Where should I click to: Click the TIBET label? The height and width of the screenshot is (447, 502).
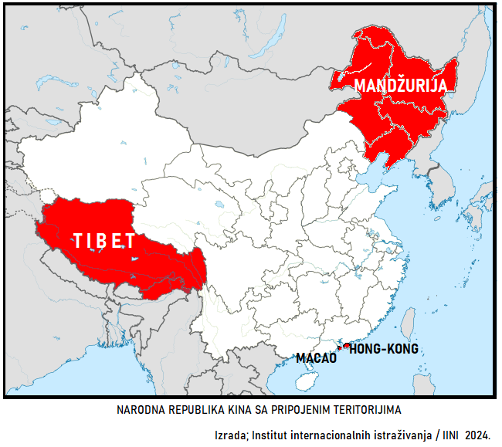click(104, 241)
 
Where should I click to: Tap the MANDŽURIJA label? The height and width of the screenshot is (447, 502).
click(400, 85)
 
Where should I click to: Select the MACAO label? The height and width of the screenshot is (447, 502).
click(317, 358)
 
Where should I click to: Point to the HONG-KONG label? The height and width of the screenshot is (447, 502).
click(385, 349)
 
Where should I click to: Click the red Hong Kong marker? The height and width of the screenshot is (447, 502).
click(348, 346)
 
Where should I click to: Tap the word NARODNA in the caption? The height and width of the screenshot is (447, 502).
click(139, 408)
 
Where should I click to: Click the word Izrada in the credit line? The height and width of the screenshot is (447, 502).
click(229, 435)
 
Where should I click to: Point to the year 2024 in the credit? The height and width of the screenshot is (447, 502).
click(477, 435)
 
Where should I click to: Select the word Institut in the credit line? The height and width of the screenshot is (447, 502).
click(268, 435)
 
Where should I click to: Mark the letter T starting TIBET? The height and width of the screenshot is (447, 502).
click(77, 241)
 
